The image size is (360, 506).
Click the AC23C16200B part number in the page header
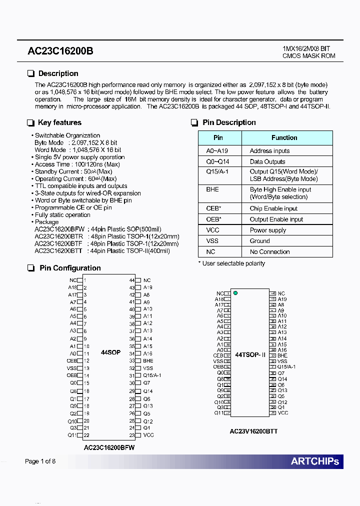click(x=60, y=51)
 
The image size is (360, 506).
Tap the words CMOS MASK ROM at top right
click(x=308, y=56)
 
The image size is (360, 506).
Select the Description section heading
click(x=58, y=73)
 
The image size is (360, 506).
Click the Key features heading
click(x=59, y=122)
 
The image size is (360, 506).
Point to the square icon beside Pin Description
click(x=194, y=123)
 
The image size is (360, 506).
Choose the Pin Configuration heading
click(x=70, y=268)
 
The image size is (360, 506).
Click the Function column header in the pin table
click(x=284, y=138)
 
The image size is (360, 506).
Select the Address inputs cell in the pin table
click(x=269, y=151)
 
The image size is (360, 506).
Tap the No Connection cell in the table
click(x=269, y=252)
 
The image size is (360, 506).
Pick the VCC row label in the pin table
click(x=212, y=230)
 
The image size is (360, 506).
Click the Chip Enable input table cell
click(x=273, y=208)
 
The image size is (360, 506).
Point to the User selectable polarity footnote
click(x=231, y=263)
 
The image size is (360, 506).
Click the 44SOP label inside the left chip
click(x=110, y=352)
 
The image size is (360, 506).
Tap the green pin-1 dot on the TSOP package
click(x=235, y=293)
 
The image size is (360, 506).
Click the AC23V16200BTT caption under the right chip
click(x=253, y=431)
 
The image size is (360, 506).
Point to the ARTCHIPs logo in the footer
click(x=314, y=461)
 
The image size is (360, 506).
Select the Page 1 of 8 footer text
click(x=40, y=461)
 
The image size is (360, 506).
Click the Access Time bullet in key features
click(x=77, y=164)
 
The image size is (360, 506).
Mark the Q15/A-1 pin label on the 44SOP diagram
click(x=152, y=375)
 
